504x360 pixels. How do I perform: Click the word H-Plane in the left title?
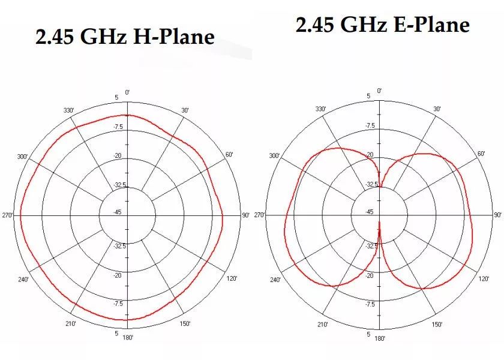[x=173, y=37]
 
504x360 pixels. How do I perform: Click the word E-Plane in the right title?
[x=431, y=25]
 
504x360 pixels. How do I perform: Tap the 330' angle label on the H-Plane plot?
[x=68, y=110]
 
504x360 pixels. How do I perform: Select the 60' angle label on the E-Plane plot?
[x=481, y=154]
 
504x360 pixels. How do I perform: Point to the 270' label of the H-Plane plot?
[x=7, y=215]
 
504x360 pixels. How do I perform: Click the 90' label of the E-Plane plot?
[x=497, y=215]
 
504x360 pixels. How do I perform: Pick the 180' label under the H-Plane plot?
[x=128, y=337]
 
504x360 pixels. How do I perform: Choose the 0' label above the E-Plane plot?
[x=380, y=91]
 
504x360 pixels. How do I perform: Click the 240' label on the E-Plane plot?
[x=275, y=280]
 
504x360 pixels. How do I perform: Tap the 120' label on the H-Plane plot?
[x=232, y=278]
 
